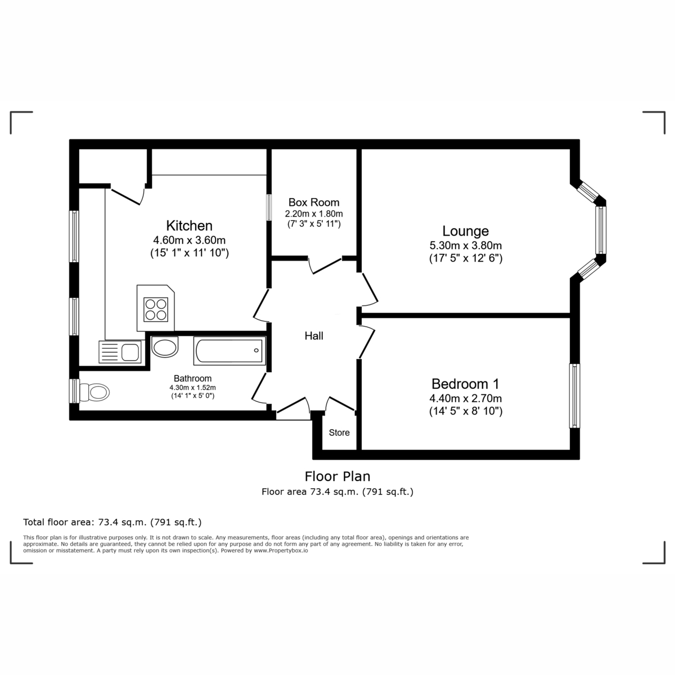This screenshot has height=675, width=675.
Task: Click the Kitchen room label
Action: click(189, 226)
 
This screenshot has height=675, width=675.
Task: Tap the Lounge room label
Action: click(465, 231)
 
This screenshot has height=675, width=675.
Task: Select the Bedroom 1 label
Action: click(465, 384)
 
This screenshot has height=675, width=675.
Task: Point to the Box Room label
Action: click(314, 202)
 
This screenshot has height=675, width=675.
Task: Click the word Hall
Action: click(314, 336)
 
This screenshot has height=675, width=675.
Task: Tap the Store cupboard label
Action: click(339, 433)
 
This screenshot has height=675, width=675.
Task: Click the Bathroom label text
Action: click(192, 379)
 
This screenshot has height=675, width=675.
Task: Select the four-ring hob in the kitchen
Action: click(156, 309)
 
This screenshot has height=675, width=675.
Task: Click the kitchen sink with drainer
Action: click(120, 352)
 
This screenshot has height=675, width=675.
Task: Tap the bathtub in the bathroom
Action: click(228, 351)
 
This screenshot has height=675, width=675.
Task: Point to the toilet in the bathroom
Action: click(93, 391)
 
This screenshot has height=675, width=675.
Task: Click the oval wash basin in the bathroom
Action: click(165, 347)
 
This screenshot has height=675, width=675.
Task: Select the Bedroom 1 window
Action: click(574, 395)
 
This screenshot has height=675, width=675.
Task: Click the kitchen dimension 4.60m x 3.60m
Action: click(189, 240)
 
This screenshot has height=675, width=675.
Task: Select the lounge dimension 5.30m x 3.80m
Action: click(465, 246)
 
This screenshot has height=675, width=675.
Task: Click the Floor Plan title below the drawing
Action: click(337, 476)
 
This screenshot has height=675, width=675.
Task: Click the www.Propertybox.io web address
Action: click(281, 551)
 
